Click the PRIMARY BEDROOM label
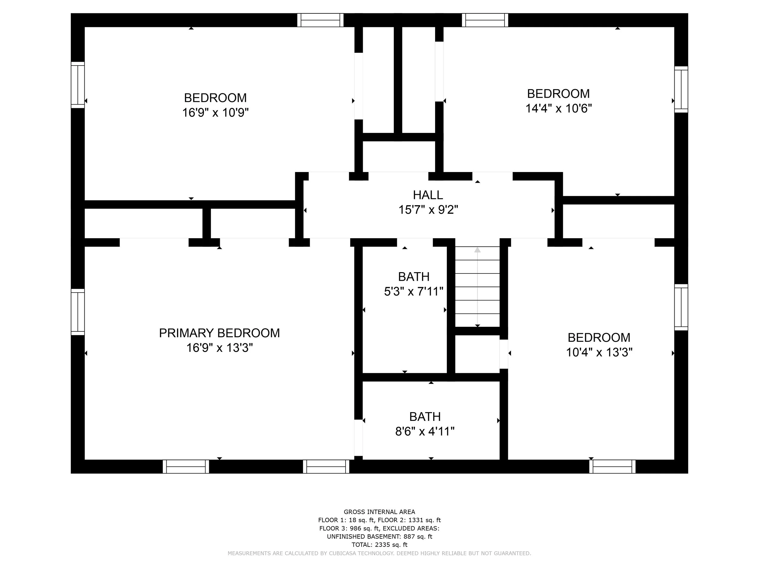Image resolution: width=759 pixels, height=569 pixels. [x=219, y=333]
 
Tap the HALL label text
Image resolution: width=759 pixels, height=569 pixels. [x=428, y=195]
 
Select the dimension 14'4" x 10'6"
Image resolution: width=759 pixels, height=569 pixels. [x=559, y=108]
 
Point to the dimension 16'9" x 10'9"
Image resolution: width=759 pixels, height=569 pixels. [x=215, y=113]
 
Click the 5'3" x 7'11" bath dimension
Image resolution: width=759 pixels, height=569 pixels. [x=414, y=292]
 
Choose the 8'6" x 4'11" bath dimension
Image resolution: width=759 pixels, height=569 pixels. [x=425, y=432]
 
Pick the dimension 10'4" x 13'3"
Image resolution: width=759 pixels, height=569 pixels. [x=599, y=352]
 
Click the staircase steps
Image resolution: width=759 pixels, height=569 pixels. [x=477, y=287]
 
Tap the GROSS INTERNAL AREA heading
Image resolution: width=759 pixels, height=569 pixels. [x=379, y=512]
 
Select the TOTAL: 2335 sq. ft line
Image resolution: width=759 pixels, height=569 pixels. [x=379, y=545]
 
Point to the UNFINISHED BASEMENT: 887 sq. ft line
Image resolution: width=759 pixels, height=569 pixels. [x=379, y=537]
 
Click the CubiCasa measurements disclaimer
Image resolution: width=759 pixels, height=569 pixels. [x=379, y=553]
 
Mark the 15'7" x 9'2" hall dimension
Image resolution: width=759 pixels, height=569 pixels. [x=428, y=210]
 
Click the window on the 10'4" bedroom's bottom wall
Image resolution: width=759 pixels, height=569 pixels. [x=612, y=466]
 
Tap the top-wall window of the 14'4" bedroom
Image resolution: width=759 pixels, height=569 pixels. [x=485, y=20]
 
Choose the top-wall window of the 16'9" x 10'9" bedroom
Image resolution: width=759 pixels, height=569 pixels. [x=320, y=20]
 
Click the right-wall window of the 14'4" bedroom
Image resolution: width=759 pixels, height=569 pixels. [x=681, y=89]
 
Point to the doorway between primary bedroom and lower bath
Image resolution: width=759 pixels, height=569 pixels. [x=358, y=438]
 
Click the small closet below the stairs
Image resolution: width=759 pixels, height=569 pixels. [x=477, y=354]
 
